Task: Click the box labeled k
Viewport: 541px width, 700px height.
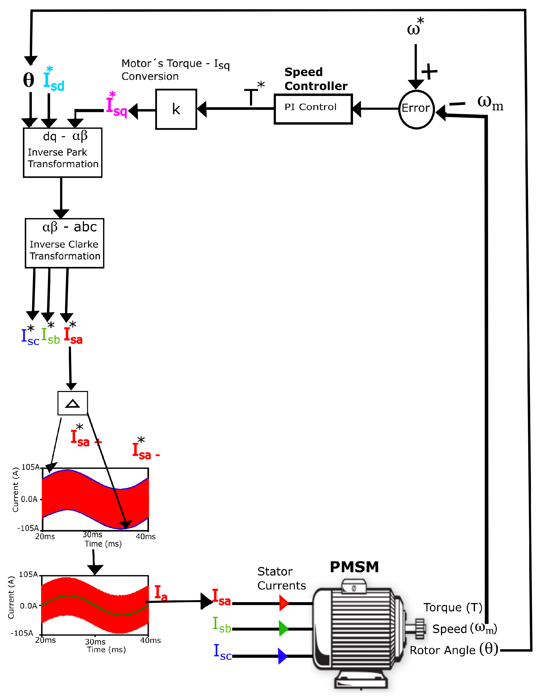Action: [176, 109]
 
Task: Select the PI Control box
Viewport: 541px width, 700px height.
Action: [313, 109]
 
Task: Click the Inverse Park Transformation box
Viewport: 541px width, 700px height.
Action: [62, 153]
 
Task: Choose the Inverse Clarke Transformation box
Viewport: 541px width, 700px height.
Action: [64, 243]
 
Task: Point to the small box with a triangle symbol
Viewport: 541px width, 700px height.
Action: [72, 403]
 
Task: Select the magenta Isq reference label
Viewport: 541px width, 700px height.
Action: [116, 105]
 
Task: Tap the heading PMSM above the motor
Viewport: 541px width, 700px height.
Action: [354, 567]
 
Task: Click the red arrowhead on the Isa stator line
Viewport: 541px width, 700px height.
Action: [284, 603]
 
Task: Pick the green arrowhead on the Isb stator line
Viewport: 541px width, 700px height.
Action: [284, 628]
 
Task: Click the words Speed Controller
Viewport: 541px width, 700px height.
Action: [316, 79]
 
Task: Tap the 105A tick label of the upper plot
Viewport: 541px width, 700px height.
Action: [31, 467]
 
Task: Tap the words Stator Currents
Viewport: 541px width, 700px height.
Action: [281, 578]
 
